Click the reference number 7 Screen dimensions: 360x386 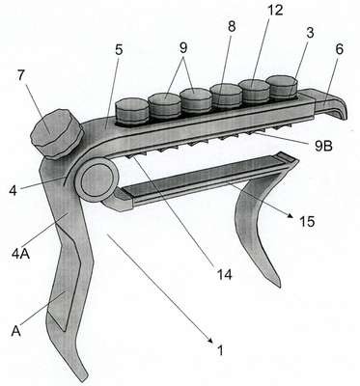pos(21,76)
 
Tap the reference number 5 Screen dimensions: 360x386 pos(119,50)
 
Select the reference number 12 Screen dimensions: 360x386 pos(275,10)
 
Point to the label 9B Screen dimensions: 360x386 pos(322,146)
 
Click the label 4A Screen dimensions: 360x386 pos(21,254)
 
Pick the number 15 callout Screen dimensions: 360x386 pos(307,221)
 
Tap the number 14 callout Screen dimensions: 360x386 pos(224,274)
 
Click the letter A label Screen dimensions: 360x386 pos(16,331)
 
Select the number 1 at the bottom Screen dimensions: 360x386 pos(220,349)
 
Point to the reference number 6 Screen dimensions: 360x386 pos(339,50)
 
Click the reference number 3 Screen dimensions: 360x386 pos(310,33)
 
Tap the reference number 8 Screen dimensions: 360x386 pos(232,27)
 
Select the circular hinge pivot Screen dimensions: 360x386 pos(97,180)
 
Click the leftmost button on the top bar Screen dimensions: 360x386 pos(131,112)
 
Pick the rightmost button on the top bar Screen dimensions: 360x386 pos(283,87)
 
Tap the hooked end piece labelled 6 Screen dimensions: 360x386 pos(331,103)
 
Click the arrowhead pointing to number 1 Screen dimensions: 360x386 pos(210,341)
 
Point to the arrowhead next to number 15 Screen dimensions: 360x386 pos(291,216)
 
